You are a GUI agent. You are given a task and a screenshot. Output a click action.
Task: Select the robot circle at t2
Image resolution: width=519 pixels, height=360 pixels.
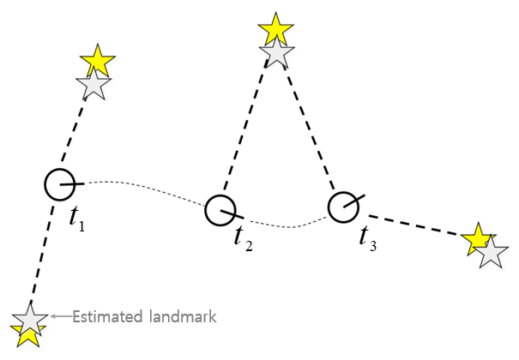click(x=220, y=209)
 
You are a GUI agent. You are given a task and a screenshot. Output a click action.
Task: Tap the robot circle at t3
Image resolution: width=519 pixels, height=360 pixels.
click(x=343, y=207)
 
